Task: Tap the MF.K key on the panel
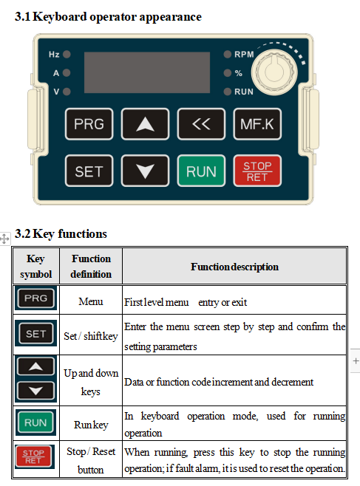[x=257, y=124]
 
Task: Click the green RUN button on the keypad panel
[x=201, y=171]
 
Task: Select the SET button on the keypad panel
[x=89, y=171]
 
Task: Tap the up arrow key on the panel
[x=145, y=124]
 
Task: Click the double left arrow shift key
[x=201, y=124]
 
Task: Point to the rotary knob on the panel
[x=274, y=72]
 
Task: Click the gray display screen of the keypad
[x=147, y=72]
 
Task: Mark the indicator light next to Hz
[x=67, y=54]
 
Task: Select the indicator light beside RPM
[x=228, y=54]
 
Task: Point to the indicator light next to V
[x=67, y=92]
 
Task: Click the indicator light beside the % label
[x=228, y=73]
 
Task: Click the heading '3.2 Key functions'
[x=61, y=233]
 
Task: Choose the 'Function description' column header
[x=234, y=267]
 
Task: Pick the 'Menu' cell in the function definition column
[x=90, y=301]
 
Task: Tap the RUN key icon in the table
[x=35, y=422]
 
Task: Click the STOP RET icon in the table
[x=35, y=456]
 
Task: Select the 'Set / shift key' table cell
[x=90, y=336]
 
